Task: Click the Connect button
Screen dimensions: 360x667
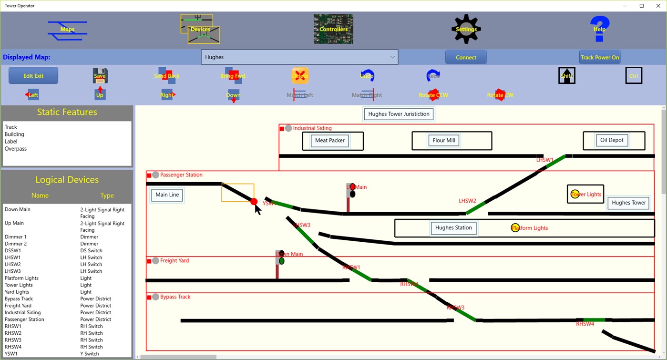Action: pyautogui.click(x=466, y=57)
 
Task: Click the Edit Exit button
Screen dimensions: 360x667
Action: pyautogui.click(x=33, y=76)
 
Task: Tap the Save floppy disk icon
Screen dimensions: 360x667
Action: pyautogui.click(x=100, y=75)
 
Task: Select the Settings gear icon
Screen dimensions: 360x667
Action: pyautogui.click(x=466, y=29)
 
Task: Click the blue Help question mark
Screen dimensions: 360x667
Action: pyautogui.click(x=599, y=29)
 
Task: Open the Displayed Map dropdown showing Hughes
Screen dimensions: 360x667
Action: pyautogui.click(x=299, y=57)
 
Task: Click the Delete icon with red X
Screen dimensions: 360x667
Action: pyautogui.click(x=300, y=75)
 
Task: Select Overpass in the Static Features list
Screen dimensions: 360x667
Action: pyautogui.click(x=16, y=149)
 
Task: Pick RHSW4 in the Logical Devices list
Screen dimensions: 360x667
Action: pyautogui.click(x=13, y=347)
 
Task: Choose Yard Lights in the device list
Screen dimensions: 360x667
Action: pyautogui.click(x=17, y=292)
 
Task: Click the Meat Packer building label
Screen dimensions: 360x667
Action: pyautogui.click(x=330, y=141)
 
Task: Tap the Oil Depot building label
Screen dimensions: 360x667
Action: pyautogui.click(x=612, y=140)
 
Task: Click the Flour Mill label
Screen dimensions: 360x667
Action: pyautogui.click(x=444, y=141)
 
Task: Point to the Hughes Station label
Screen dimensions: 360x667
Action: pyautogui.click(x=453, y=228)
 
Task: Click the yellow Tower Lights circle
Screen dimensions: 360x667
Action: pyautogui.click(x=575, y=194)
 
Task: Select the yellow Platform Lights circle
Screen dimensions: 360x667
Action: pyautogui.click(x=515, y=227)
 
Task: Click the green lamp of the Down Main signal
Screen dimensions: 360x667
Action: pyautogui.click(x=282, y=261)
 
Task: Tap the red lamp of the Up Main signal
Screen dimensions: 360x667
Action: pyautogui.click(x=353, y=187)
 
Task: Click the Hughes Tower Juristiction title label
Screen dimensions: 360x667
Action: pyautogui.click(x=399, y=114)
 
